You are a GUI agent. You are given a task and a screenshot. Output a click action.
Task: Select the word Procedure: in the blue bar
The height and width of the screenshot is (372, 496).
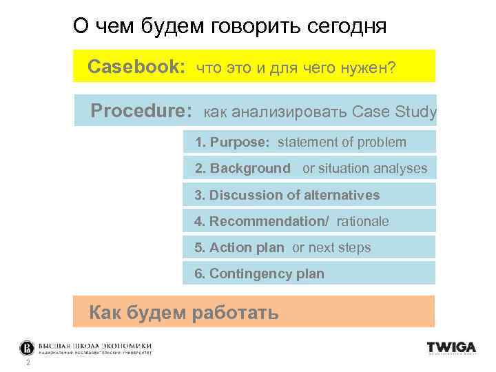141,111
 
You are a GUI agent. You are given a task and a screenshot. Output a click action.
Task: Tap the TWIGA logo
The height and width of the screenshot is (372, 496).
451,348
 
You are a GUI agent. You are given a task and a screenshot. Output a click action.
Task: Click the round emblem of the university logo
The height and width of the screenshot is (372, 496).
26,347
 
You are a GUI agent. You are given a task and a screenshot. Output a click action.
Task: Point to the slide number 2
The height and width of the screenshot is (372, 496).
27,363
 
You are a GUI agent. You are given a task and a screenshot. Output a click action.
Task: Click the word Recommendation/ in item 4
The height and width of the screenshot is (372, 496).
269,221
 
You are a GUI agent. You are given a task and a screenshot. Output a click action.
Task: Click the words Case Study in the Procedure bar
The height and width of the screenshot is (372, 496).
394,112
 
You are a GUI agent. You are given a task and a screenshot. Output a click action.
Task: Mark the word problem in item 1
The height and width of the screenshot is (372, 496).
382,143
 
